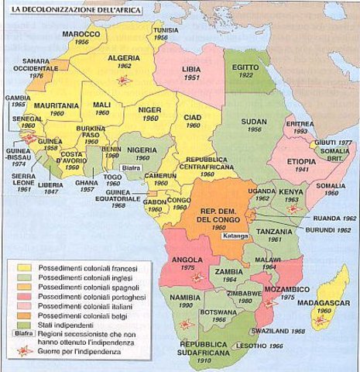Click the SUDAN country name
point(253,122)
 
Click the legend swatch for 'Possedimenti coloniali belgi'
point(26,317)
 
